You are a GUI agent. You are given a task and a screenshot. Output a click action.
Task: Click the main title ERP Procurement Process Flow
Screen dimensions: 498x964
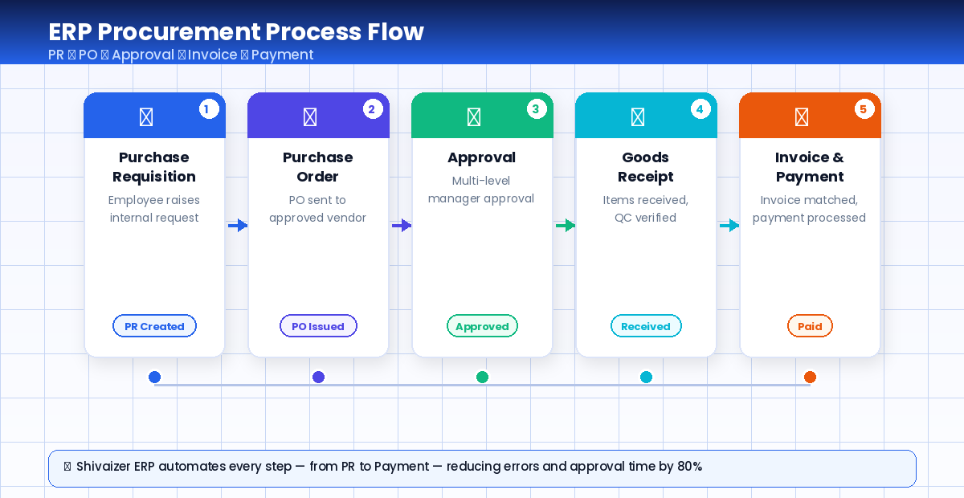tap(236, 32)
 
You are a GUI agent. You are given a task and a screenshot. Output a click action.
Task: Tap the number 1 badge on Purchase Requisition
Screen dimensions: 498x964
tap(209, 109)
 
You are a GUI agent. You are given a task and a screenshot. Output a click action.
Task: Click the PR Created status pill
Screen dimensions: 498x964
tap(154, 326)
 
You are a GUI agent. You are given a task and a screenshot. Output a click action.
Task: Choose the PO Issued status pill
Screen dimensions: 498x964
tap(318, 326)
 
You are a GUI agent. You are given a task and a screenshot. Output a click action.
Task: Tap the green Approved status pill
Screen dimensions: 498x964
tap(482, 326)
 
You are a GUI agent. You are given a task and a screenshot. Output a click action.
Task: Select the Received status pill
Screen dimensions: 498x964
tap(646, 326)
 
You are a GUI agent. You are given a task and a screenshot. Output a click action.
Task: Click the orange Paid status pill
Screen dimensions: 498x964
tap(810, 326)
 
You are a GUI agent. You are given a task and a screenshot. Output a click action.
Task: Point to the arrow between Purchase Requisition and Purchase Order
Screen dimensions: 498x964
tap(238, 226)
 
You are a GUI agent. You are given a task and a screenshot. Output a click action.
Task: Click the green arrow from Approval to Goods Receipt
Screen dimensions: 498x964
tap(566, 226)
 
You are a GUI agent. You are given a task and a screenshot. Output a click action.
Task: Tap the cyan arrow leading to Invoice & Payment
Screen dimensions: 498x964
tap(729, 226)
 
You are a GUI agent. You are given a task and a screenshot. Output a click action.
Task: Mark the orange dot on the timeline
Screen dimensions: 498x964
tap(810, 377)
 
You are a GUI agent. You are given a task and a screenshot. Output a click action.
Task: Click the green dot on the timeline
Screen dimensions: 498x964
tap(482, 377)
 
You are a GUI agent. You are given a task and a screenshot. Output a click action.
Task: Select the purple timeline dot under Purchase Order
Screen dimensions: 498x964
tap(318, 377)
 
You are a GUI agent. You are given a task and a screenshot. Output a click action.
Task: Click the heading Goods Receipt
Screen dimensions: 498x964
tap(646, 167)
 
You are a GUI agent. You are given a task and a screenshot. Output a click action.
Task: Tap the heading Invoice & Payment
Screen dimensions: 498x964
tap(810, 167)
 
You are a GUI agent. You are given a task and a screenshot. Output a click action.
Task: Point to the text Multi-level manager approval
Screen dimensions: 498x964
tap(481, 190)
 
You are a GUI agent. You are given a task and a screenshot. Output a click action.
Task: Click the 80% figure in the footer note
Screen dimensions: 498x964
tap(688, 467)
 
